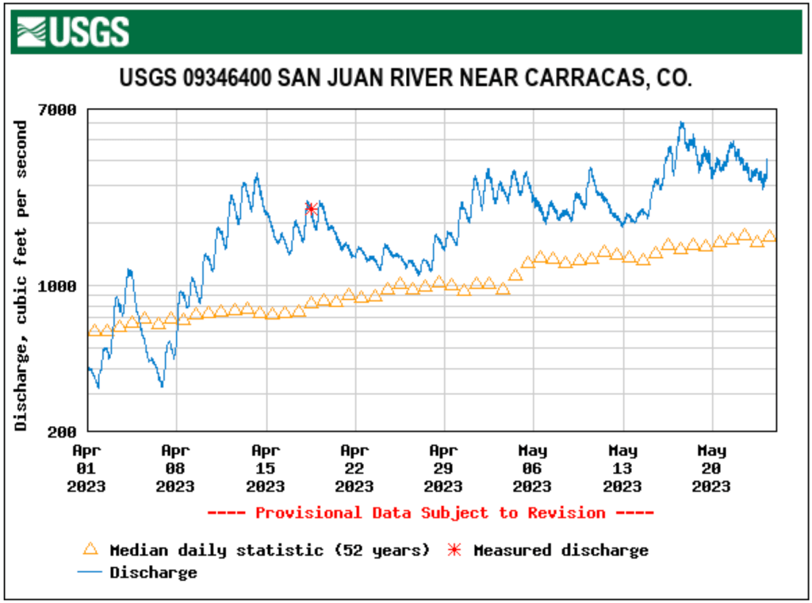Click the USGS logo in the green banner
tap(72, 32)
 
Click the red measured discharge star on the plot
tap(312, 209)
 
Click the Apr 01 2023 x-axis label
tap(86, 468)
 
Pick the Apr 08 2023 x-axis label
tap(175, 468)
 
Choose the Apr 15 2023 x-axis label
tap(265, 468)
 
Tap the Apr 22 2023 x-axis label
tap(354, 468)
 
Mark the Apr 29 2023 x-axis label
tap(443, 468)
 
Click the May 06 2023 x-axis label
tap(533, 468)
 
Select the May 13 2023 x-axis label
tap(622, 468)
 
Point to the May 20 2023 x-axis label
tap(711, 468)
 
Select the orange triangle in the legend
tap(90, 549)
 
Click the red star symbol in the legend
tap(454, 550)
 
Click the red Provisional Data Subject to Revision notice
tap(431, 513)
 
